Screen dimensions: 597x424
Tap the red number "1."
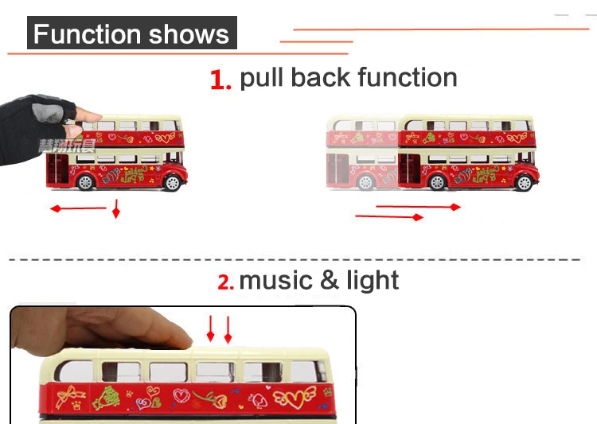[220, 80]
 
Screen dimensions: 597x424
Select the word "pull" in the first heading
[262, 78]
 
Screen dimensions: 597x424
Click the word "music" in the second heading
[275, 281]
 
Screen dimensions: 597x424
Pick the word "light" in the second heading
[373, 281]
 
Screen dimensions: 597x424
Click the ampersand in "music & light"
[330, 281]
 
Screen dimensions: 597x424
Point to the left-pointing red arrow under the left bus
[77, 208]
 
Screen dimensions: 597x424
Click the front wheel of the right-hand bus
[523, 182]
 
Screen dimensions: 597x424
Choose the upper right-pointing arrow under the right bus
[418, 207]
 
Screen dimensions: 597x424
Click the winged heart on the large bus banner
[298, 394]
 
